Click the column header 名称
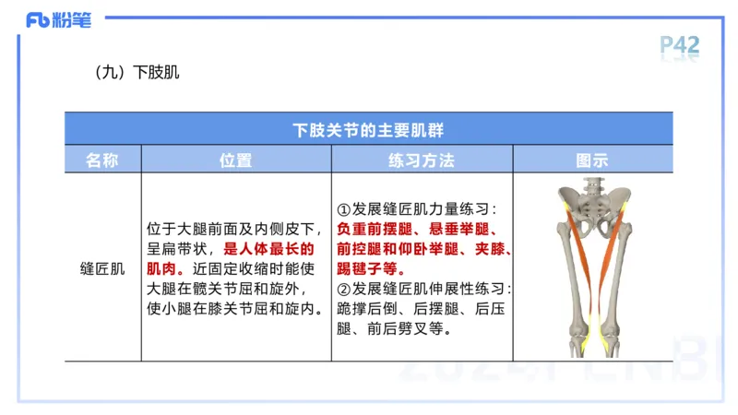(102, 160)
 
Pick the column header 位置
(235, 160)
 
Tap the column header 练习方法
(422, 160)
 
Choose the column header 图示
(592, 160)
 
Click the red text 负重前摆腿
(371, 229)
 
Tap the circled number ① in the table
(344, 208)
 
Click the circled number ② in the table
(344, 289)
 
